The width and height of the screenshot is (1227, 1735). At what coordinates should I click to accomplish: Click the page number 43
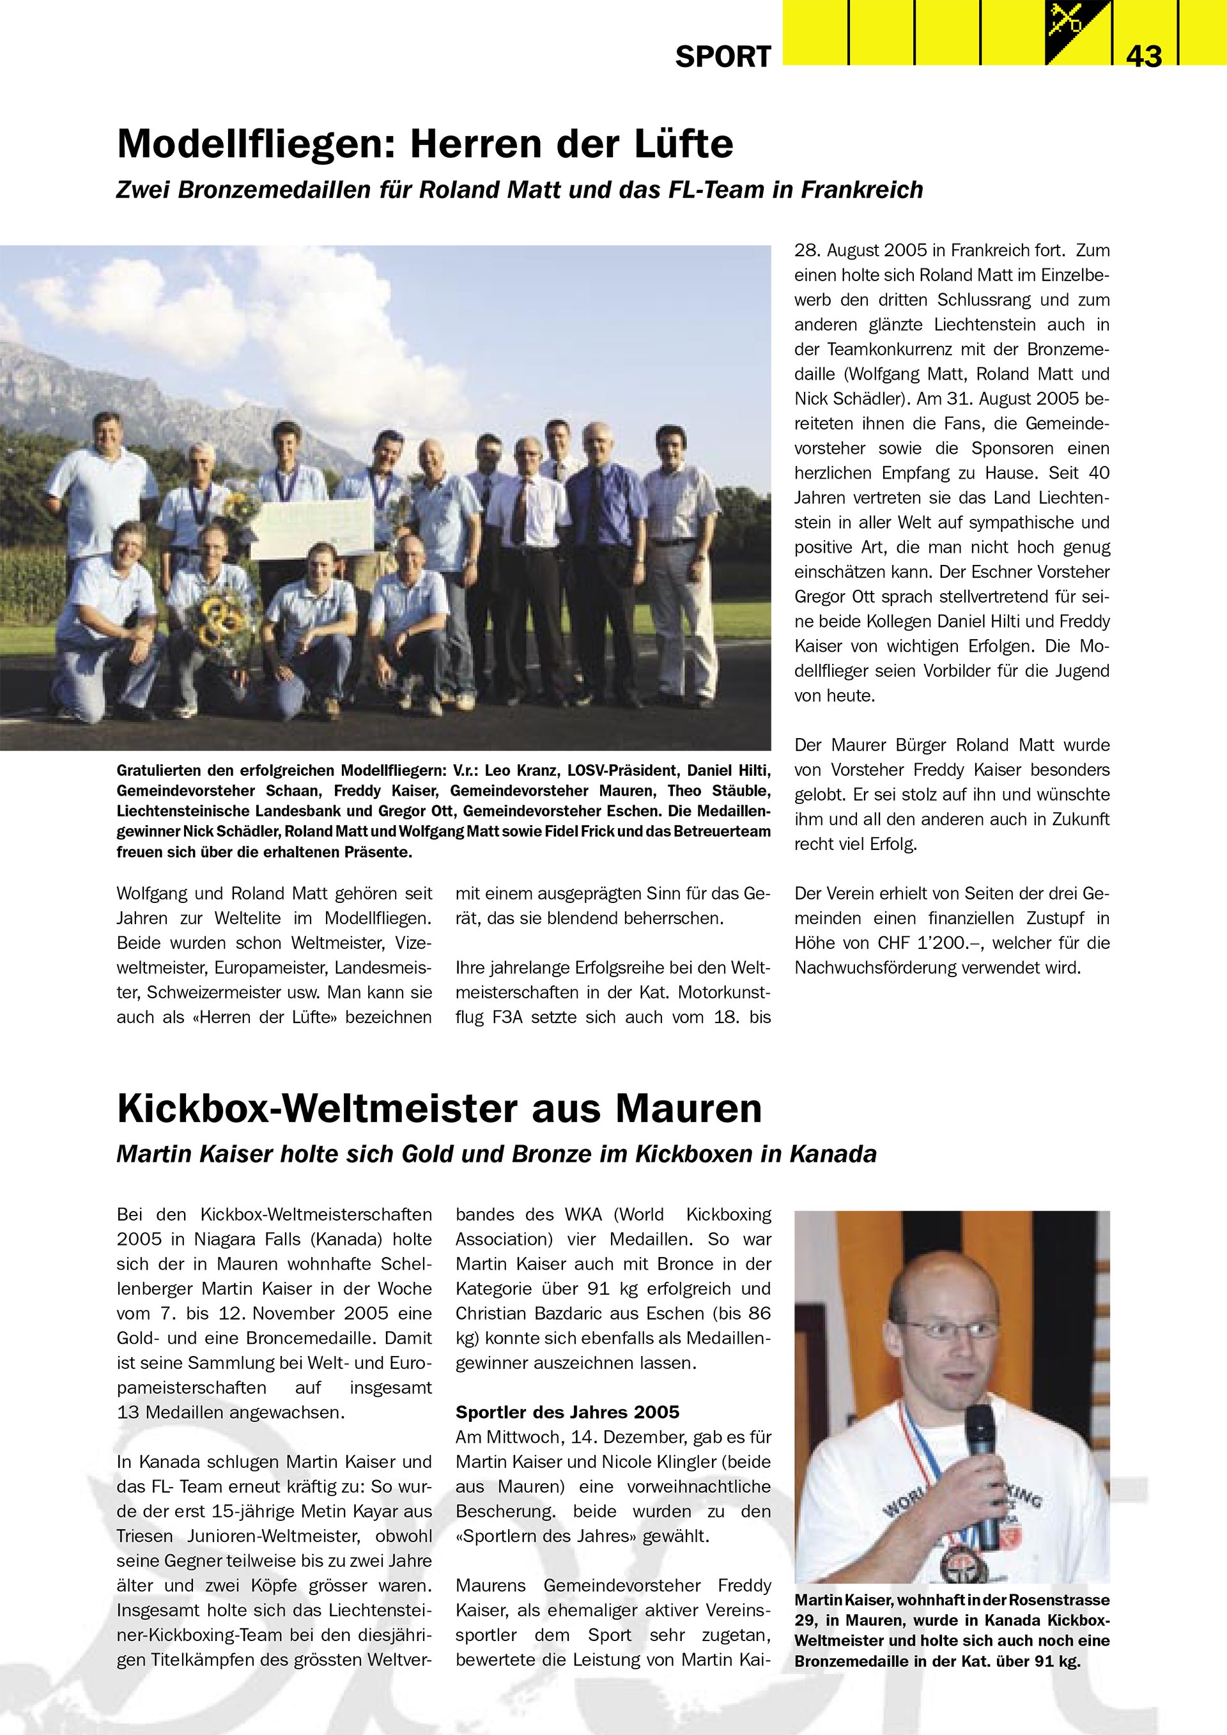click(1144, 56)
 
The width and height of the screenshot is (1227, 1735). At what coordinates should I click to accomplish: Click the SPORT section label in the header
click(723, 57)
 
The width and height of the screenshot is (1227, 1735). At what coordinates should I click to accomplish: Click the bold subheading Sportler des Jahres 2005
click(567, 1412)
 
